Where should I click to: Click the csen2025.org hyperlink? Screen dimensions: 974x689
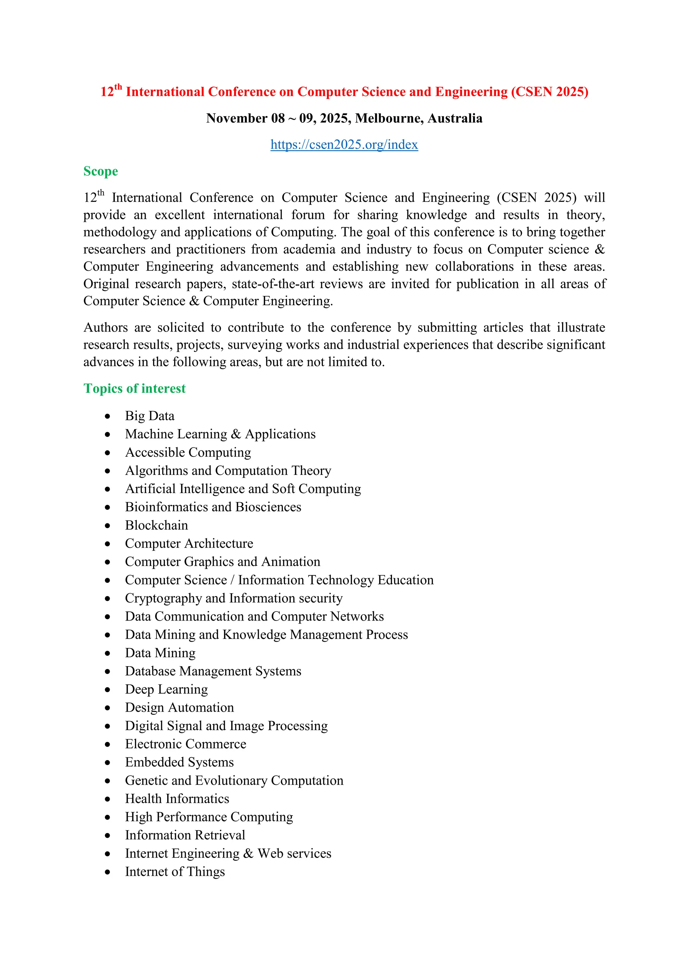point(344,145)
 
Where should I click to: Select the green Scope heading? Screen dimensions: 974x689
point(101,172)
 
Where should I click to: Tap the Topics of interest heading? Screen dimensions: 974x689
point(135,388)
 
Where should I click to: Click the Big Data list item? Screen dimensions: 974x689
point(149,416)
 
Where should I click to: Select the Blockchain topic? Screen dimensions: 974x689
point(156,526)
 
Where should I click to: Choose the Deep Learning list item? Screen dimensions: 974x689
point(166,689)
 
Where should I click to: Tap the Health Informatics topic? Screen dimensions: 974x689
point(177,799)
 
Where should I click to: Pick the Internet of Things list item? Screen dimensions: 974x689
point(175,872)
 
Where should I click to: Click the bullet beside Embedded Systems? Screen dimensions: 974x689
point(108,763)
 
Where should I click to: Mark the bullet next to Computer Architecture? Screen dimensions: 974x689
point(108,544)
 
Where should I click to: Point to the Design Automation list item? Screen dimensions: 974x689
point(179,708)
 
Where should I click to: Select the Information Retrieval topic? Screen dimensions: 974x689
point(185,835)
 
